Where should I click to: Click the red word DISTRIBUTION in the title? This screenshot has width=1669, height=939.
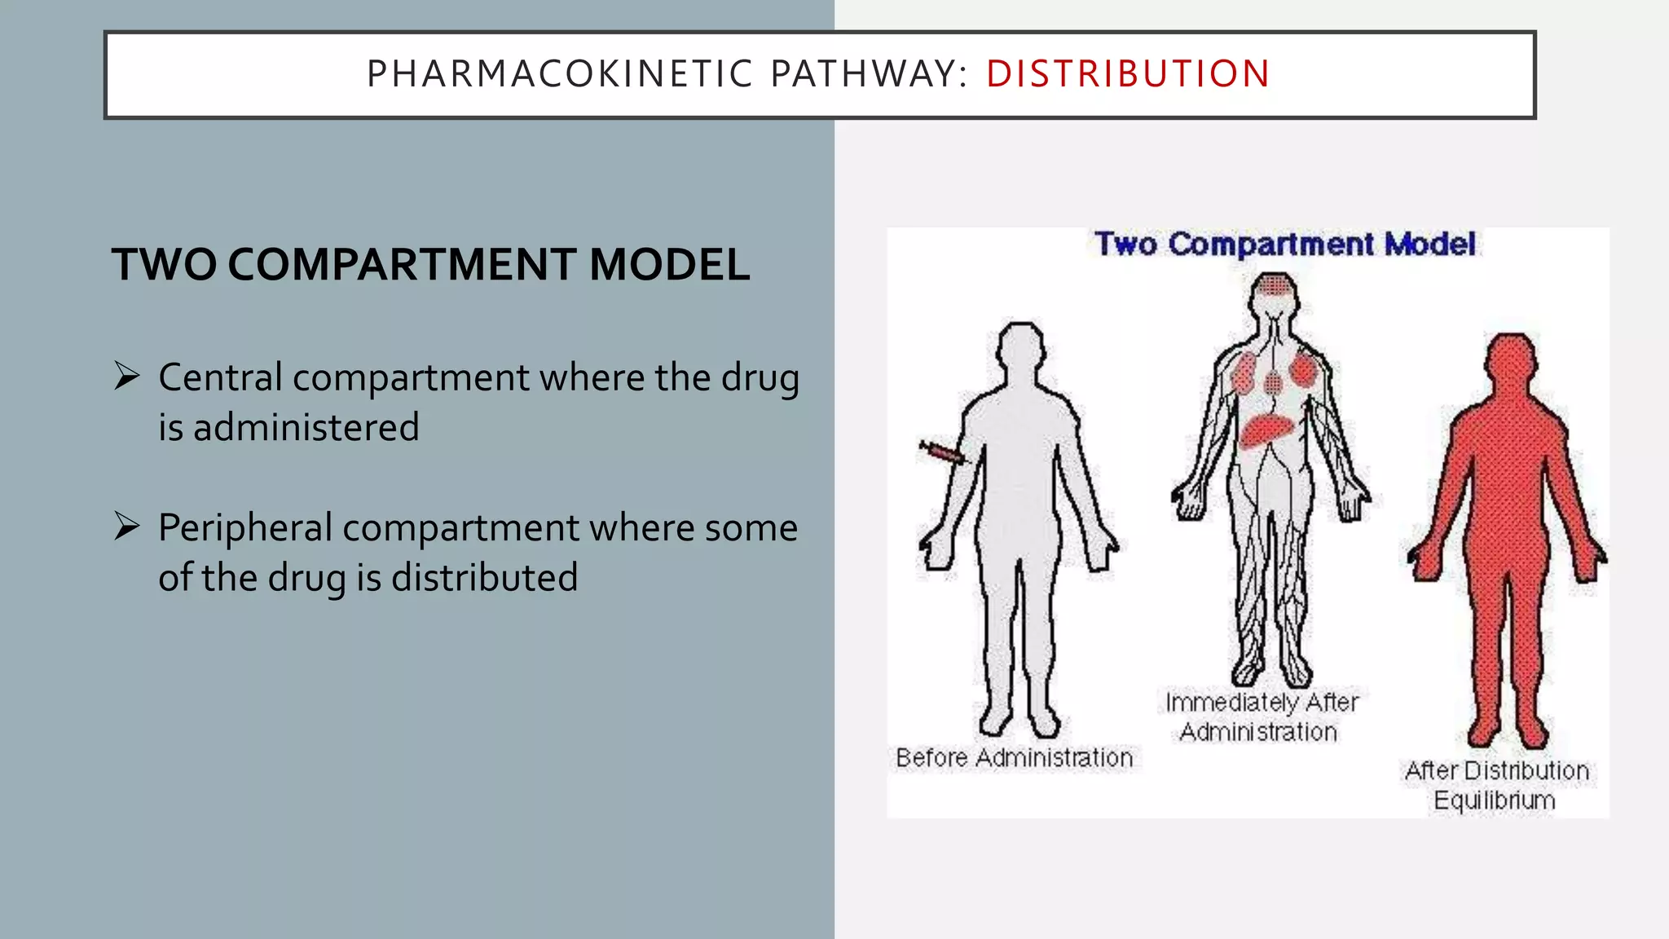[1128, 74]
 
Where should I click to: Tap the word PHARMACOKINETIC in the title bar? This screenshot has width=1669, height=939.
[560, 74]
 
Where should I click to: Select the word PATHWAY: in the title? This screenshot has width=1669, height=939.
[869, 74]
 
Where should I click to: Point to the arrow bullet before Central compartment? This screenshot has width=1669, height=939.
[127, 376]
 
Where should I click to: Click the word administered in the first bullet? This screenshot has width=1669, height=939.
[306, 428]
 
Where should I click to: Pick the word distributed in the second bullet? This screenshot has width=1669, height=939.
[484, 578]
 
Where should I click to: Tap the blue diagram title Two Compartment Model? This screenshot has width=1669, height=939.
[1284, 245]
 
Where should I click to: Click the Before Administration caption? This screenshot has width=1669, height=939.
[1014, 758]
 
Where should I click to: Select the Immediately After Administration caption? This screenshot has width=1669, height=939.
[1262, 717]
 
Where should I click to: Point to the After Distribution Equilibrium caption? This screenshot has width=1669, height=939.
[1496, 785]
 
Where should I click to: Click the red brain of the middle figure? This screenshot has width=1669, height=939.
[1275, 287]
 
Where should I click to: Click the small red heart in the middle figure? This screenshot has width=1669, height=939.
[1273, 381]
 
